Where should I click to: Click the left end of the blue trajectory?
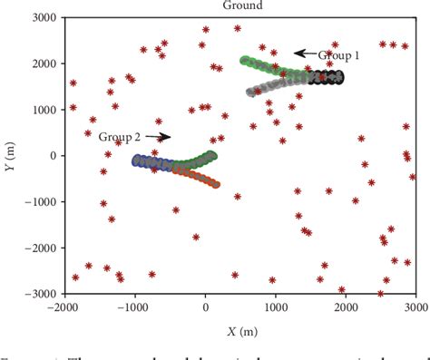tap(136, 161)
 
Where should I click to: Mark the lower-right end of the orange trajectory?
tap(216, 183)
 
